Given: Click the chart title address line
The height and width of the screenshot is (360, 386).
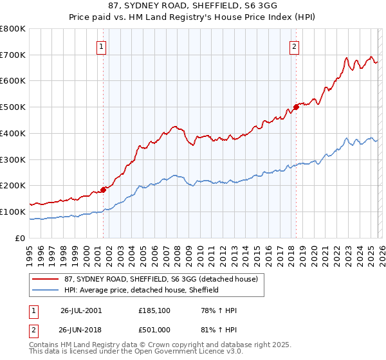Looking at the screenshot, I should [193, 6].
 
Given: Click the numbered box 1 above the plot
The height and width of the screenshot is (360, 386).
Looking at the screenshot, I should [102, 46].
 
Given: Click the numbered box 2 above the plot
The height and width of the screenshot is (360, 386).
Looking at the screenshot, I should [294, 46].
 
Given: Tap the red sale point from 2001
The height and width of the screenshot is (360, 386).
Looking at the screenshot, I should [103, 190].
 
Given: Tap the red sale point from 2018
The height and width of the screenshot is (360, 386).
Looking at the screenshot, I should [296, 107].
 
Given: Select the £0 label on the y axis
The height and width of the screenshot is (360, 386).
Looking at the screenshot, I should [19, 238].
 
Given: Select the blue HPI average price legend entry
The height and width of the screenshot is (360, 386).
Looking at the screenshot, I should [141, 290].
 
